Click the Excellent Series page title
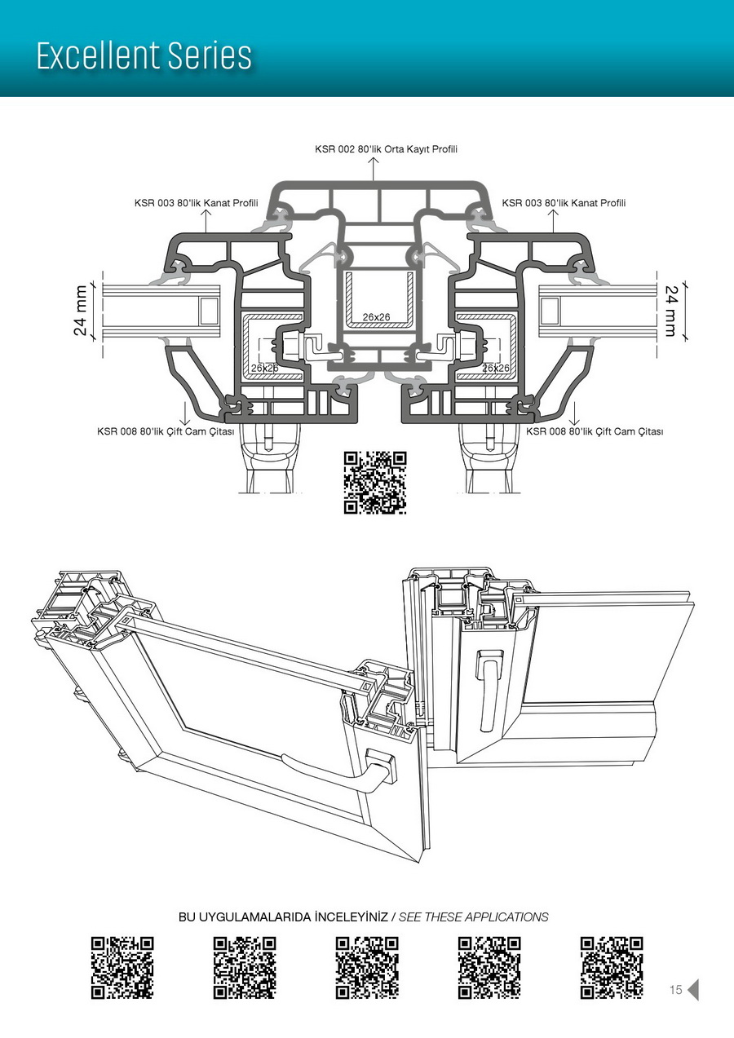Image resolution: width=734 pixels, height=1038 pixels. click(x=144, y=55)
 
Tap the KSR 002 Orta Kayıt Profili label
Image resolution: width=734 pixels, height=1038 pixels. click(x=387, y=149)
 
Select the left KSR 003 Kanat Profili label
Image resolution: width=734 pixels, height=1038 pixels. click(x=196, y=203)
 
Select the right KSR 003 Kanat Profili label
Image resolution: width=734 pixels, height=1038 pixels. click(x=564, y=203)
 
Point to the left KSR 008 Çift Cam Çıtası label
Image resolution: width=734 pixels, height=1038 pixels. click(x=166, y=431)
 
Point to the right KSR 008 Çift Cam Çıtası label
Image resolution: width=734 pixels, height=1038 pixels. click(x=595, y=431)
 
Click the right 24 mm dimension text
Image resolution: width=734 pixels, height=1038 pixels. click(x=671, y=311)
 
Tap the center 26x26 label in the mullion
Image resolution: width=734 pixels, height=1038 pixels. click(x=376, y=316)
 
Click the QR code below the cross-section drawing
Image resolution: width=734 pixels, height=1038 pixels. click(x=375, y=482)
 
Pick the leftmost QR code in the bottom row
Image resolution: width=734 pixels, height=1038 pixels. click(x=122, y=968)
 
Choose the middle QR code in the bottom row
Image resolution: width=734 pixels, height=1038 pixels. click(x=367, y=968)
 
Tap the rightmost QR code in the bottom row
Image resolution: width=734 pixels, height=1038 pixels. click(x=612, y=968)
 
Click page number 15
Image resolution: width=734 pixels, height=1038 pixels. click(x=675, y=990)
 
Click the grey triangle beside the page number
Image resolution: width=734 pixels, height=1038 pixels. click(x=693, y=990)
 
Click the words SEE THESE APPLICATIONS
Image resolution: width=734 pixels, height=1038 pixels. click(x=473, y=917)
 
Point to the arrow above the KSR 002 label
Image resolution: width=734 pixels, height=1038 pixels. click(x=374, y=168)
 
